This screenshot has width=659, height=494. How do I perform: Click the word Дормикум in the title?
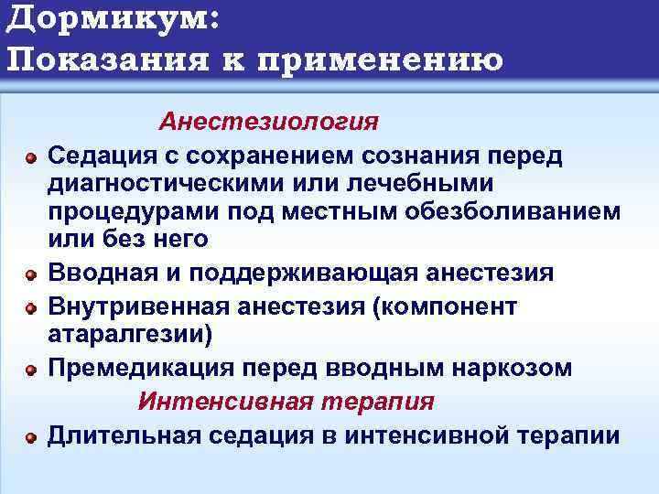point(105,19)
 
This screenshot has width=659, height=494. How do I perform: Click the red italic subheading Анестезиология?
point(268,123)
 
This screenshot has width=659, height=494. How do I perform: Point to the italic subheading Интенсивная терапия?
point(286,403)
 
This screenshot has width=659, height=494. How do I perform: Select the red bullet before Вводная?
point(30,274)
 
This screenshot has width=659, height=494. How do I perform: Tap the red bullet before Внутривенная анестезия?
point(30,308)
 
